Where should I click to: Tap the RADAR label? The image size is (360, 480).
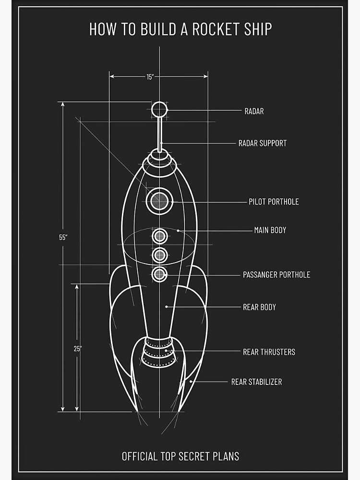tap(254, 111)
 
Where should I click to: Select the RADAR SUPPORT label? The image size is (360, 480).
tap(263, 143)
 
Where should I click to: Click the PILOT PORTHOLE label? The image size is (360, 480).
tap(274, 202)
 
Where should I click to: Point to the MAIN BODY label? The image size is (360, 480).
tap(270, 230)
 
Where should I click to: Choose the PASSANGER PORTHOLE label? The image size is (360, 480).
tap(276, 275)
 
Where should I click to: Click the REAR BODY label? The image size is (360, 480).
tap(259, 307)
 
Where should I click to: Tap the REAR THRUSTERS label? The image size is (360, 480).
tap(269, 352)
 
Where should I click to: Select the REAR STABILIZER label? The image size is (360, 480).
tap(256, 382)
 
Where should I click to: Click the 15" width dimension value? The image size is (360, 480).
tap(149, 77)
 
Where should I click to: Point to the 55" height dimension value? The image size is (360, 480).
tap(63, 237)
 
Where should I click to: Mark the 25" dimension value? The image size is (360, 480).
tap(77, 348)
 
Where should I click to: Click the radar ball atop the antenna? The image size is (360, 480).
tap(159, 109)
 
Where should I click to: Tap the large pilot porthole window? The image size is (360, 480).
tap(159, 201)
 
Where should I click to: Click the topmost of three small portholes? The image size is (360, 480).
tap(159, 236)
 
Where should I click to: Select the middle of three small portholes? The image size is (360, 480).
tap(159, 255)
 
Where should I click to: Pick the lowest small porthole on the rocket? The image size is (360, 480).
tap(159, 274)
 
